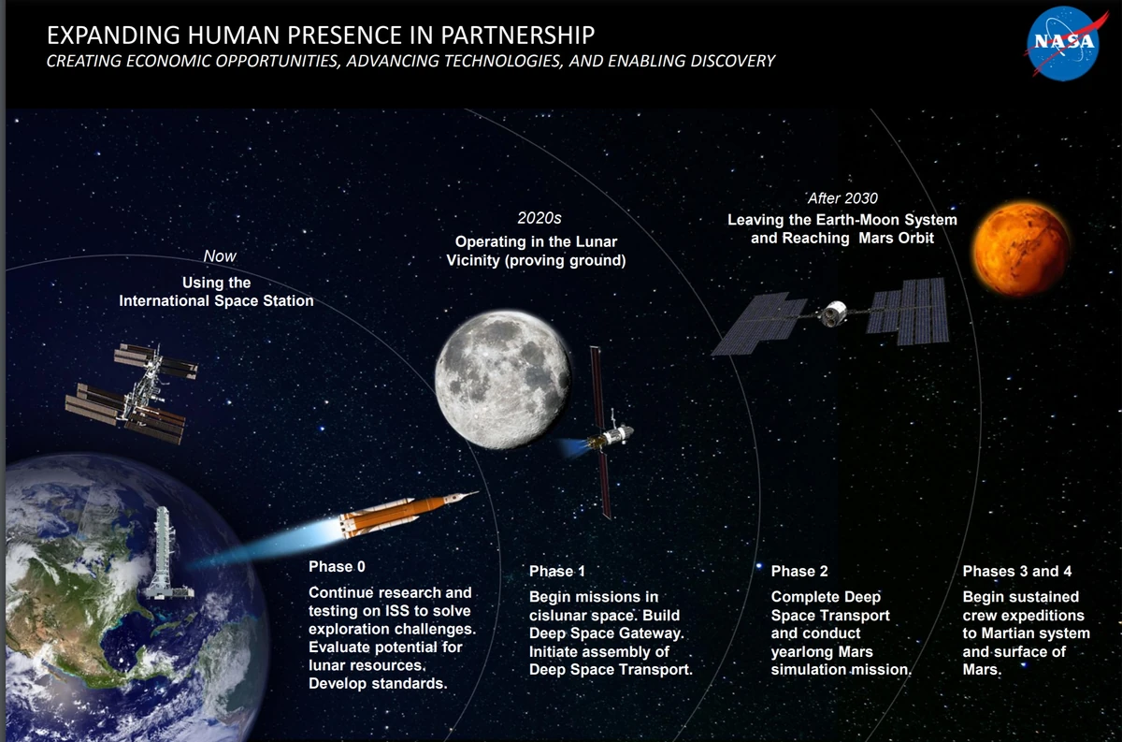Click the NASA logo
[x=1064, y=42]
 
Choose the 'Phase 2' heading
[x=799, y=572]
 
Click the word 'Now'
[x=220, y=256]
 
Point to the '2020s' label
[x=539, y=219]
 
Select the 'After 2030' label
[x=842, y=198]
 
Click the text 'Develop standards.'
[x=378, y=683]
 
